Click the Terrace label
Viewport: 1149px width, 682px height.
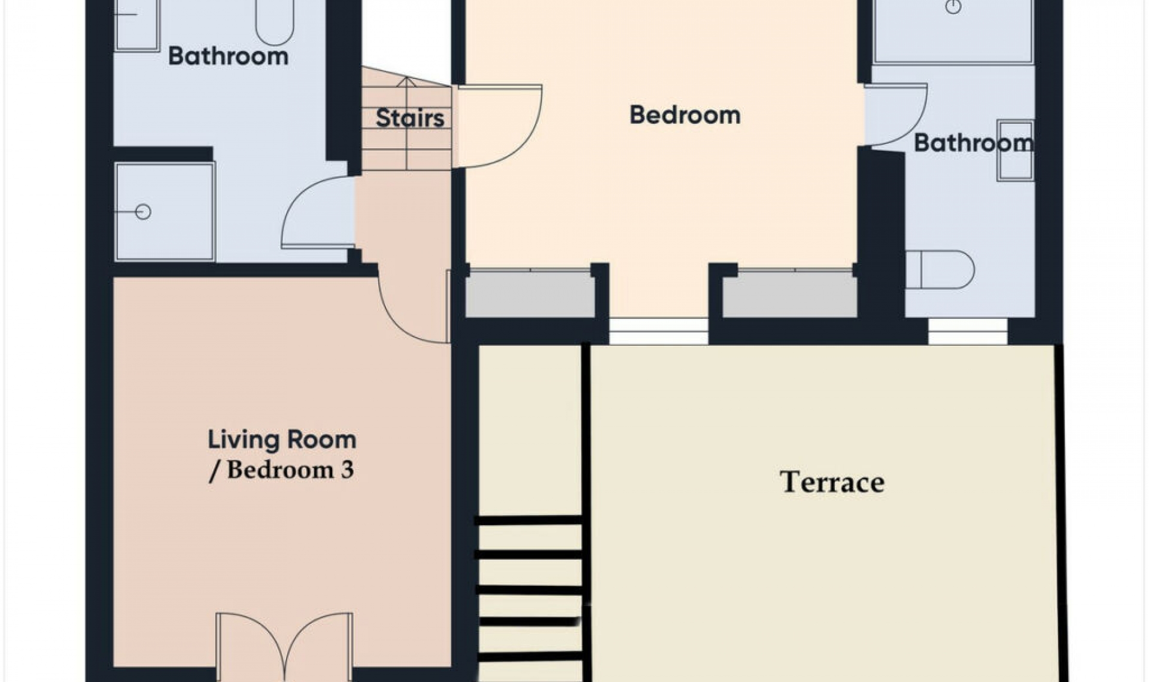832,482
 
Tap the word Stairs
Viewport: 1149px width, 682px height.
410,118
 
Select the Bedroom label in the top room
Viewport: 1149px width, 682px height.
685,115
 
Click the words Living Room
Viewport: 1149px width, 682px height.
282,440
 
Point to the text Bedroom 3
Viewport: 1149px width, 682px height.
290,470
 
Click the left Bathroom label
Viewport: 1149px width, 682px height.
228,56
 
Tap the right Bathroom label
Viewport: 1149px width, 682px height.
974,143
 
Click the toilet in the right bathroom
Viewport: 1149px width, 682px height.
940,270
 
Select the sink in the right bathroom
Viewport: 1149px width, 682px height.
1016,150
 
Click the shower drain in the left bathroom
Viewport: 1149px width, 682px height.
142,212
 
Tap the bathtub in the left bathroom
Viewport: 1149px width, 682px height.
275,22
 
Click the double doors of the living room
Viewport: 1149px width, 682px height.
284,646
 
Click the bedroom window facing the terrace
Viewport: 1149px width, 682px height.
658,331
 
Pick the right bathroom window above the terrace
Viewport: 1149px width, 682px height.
968,331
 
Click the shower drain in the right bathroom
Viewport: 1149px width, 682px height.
953,7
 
